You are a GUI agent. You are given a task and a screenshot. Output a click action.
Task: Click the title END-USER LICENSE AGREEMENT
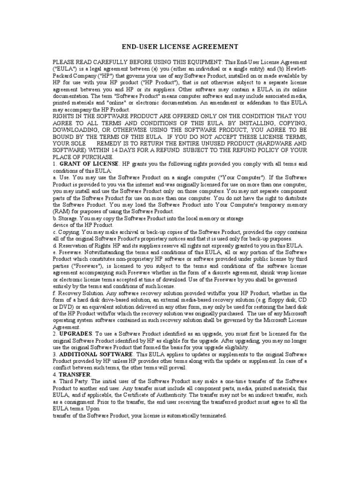click(x=180, y=47)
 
